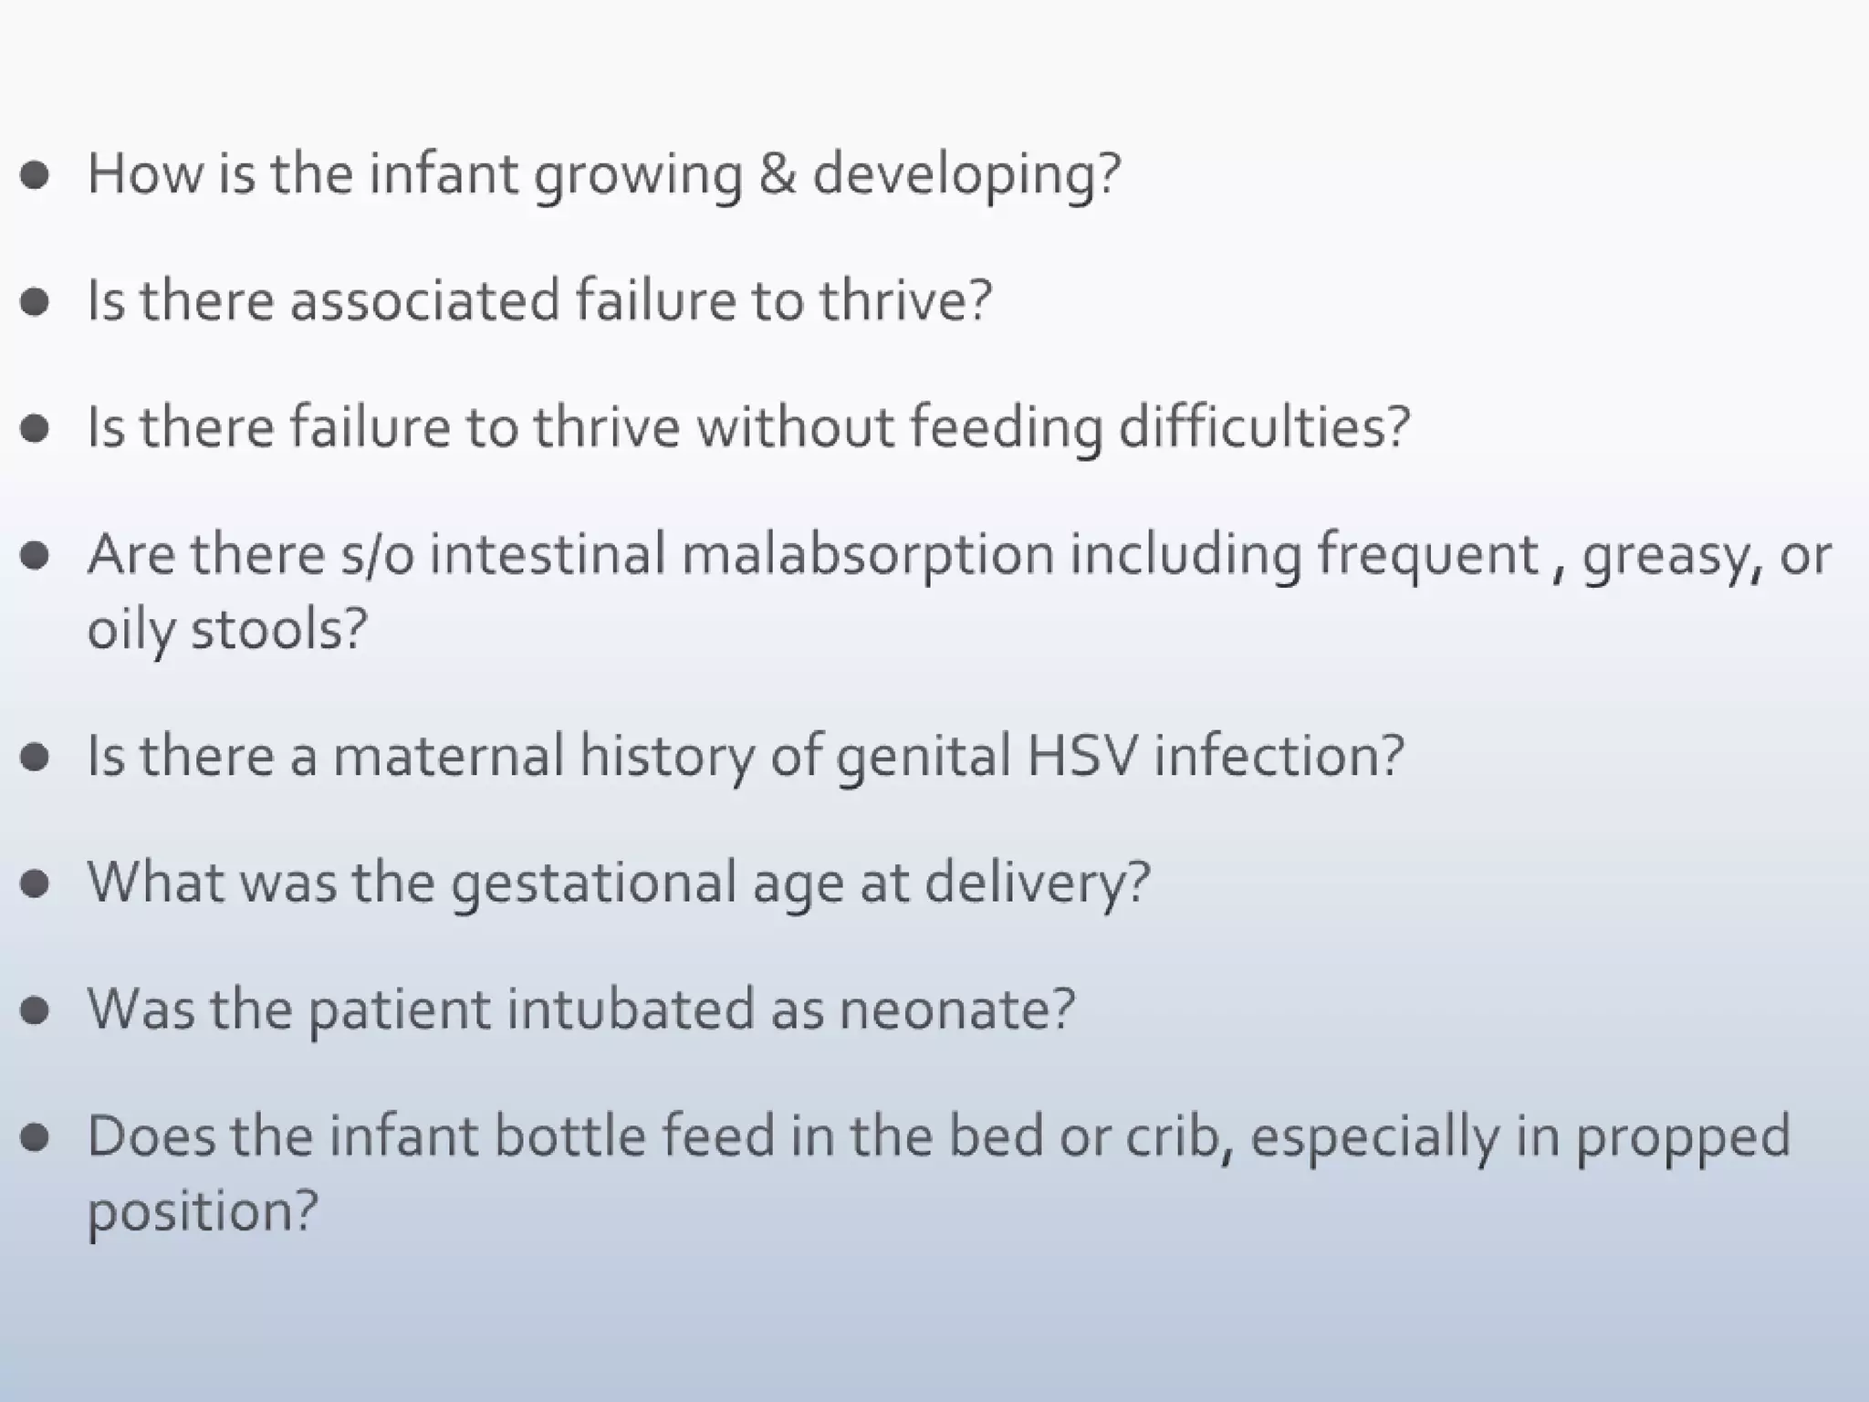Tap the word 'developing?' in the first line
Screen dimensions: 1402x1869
coord(966,175)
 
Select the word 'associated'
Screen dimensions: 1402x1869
coord(424,300)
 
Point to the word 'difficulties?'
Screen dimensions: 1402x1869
coord(1264,427)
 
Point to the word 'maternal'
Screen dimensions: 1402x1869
coord(448,756)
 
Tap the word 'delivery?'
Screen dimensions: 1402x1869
coord(1037,884)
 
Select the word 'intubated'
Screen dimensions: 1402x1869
coord(631,1010)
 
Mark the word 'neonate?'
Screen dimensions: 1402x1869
coord(956,1010)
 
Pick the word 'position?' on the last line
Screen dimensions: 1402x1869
coord(202,1212)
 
